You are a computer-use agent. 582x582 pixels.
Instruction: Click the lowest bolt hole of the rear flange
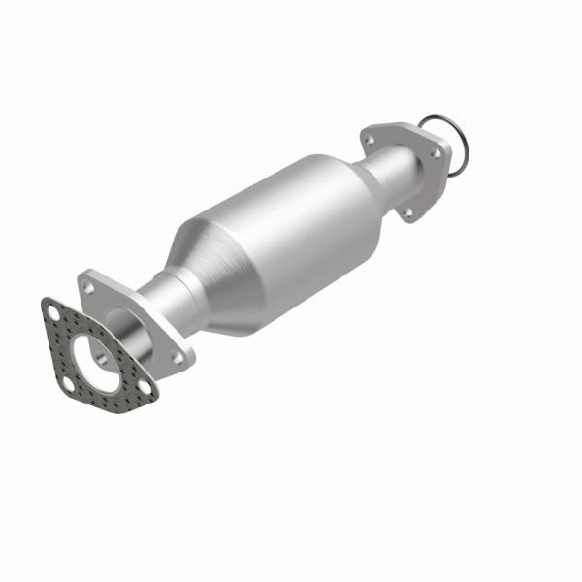pyautogui.click(x=406, y=210)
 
